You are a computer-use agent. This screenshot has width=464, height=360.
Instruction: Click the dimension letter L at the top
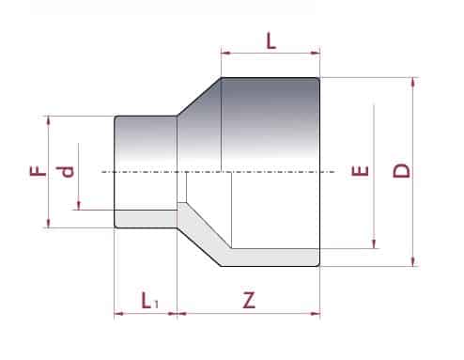271,41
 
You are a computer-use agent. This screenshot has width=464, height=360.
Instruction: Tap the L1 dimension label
150,300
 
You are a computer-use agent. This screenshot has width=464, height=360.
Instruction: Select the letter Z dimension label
249,300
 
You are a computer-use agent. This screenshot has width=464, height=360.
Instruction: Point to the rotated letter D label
401,171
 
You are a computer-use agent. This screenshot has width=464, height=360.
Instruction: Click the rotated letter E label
360,171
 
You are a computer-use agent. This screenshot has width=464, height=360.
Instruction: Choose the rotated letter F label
38,171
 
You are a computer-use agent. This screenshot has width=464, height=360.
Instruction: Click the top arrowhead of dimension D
414,82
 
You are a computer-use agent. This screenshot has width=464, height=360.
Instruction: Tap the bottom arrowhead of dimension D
414,261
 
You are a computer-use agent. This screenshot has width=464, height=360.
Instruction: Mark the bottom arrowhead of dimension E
374,243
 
